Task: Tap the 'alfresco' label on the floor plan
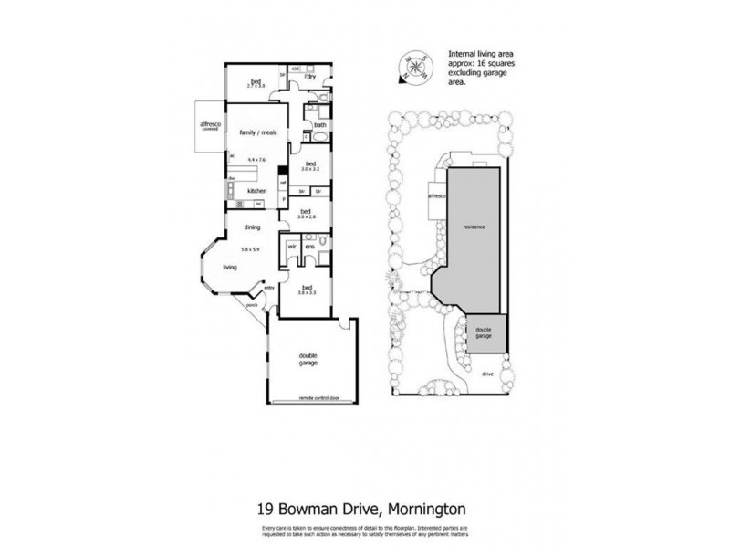coord(211,126)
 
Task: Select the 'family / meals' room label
coord(258,133)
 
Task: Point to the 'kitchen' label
coord(256,190)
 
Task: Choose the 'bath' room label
coord(320,125)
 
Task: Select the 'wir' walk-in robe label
coord(292,247)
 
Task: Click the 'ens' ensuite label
coord(309,247)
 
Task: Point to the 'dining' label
coord(252,228)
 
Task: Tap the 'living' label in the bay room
coord(229,268)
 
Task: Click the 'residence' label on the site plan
coord(473,225)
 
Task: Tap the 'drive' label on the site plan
coord(487,373)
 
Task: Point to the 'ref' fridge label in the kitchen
coord(284,183)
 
